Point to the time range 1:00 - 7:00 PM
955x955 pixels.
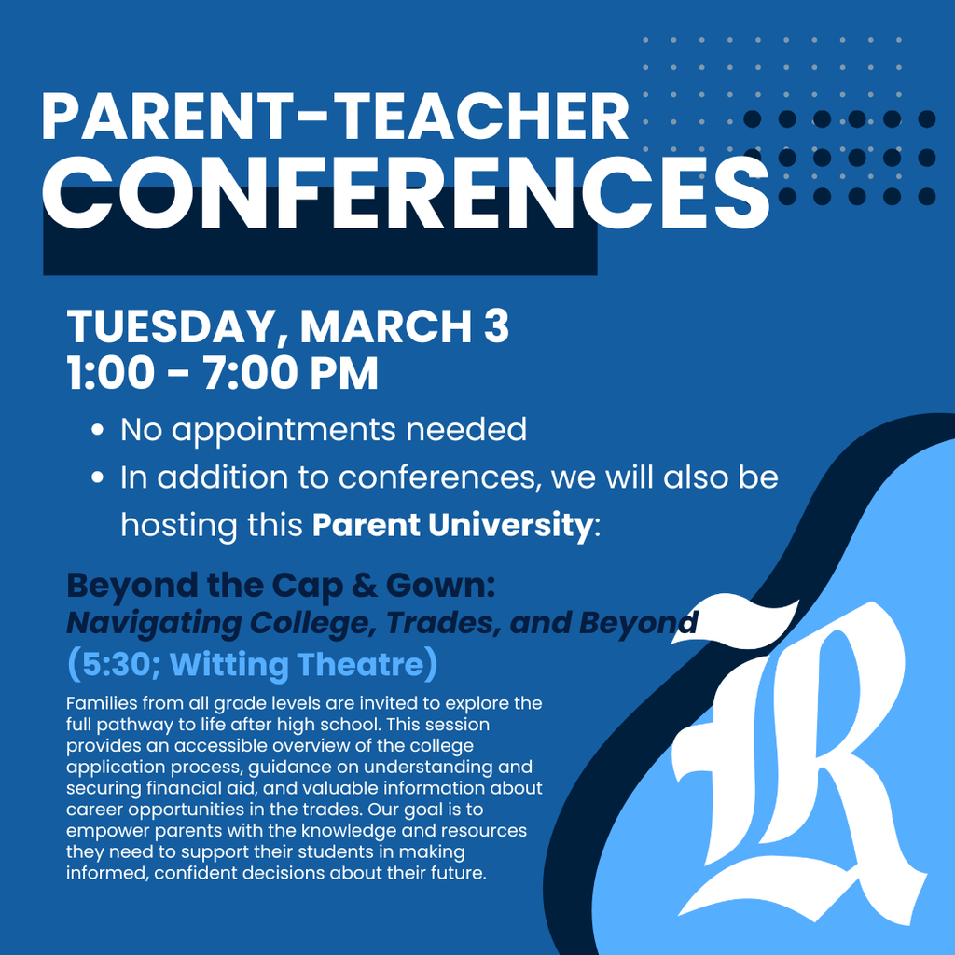223,373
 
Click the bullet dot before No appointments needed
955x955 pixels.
98,432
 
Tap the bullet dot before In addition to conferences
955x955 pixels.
98,478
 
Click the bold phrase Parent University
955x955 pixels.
452,524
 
